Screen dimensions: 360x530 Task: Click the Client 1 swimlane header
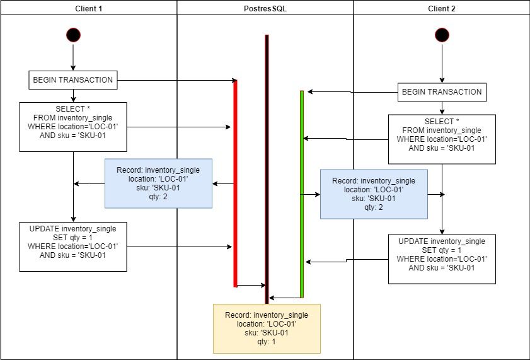88,8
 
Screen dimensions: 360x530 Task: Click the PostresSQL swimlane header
265,8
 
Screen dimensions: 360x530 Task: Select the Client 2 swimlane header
441,8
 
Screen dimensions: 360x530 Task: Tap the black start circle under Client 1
73,35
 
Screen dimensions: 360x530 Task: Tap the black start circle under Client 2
442,35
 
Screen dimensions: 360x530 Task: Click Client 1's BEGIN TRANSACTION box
73,80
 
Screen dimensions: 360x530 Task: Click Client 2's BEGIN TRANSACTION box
442,92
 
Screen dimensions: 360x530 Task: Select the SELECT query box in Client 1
73,127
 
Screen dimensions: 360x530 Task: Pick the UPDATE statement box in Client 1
73,246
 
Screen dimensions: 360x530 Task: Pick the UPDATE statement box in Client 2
442,259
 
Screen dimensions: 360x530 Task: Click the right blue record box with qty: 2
374,194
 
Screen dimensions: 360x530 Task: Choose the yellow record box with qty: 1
267,328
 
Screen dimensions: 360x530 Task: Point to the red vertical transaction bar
236,183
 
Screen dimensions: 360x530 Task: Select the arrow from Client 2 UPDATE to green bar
347,260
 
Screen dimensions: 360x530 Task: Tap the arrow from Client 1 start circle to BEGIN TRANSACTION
73,58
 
